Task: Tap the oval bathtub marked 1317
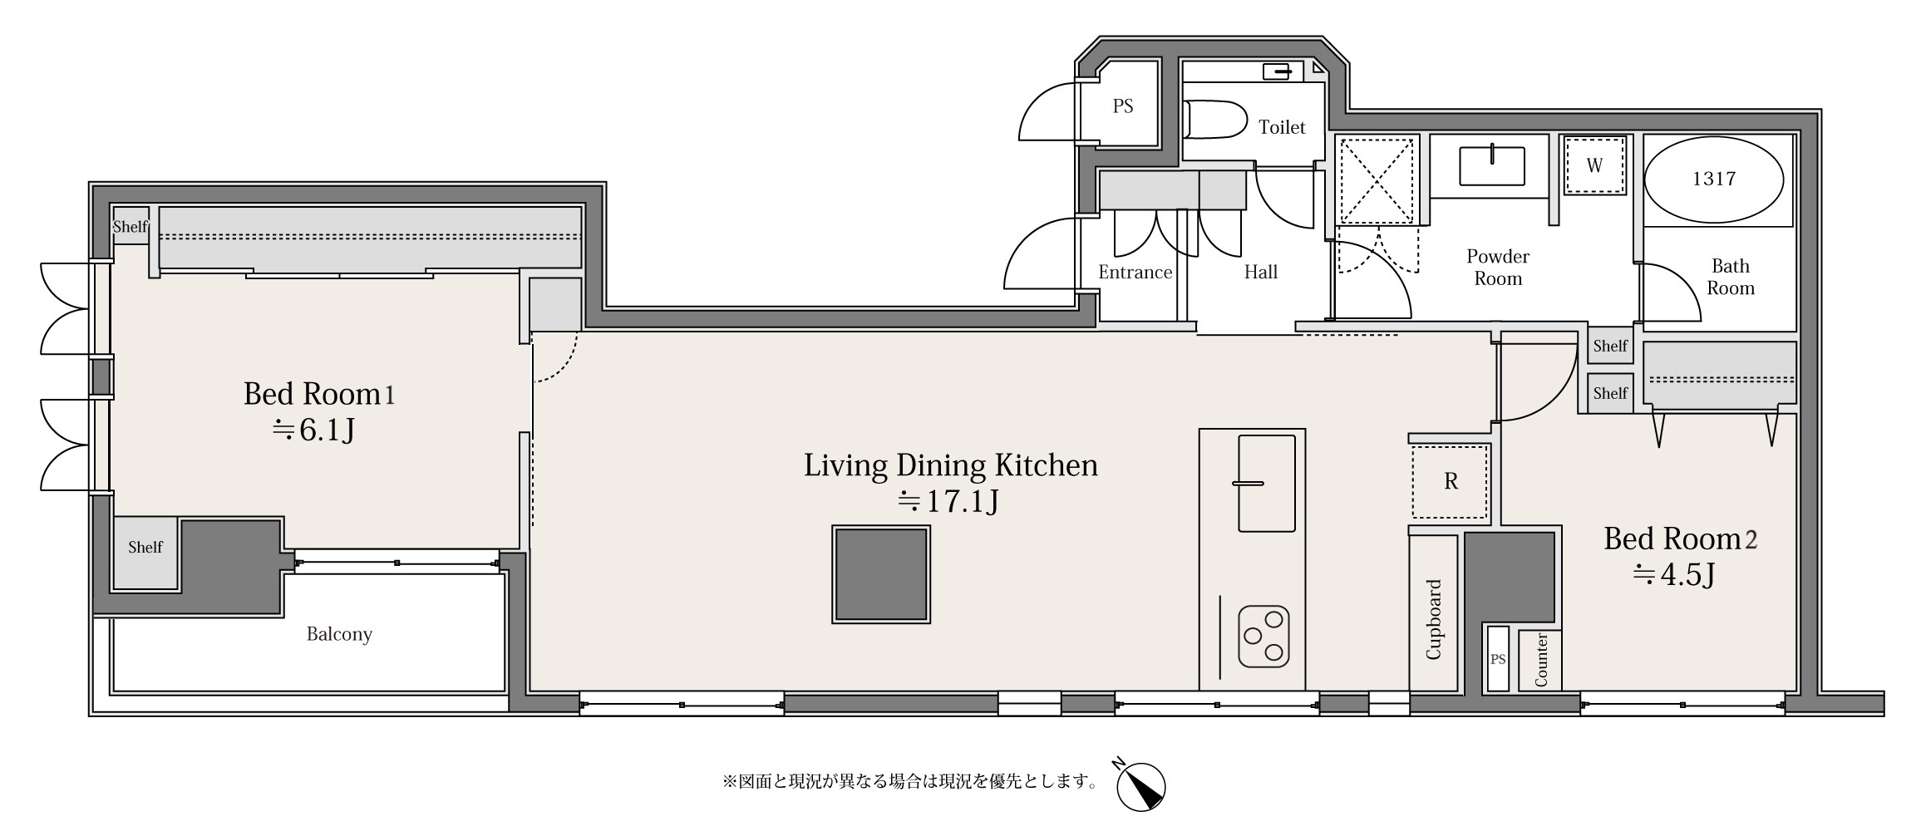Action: click(x=1714, y=179)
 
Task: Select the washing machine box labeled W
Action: click(x=1594, y=165)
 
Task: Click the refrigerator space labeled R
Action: click(x=1451, y=482)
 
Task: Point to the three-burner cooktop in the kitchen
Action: click(x=1263, y=637)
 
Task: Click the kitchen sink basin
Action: click(x=1267, y=483)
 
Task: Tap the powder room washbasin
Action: click(x=1492, y=165)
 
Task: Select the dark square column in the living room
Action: click(x=881, y=574)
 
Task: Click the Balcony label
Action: click(x=339, y=634)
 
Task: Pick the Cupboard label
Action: click(x=1433, y=619)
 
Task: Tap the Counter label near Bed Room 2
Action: click(x=1541, y=660)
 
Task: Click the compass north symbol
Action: click(x=1140, y=784)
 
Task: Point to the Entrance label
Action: click(x=1135, y=272)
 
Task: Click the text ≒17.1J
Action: click(x=948, y=502)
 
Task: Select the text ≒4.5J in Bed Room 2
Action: click(x=1674, y=575)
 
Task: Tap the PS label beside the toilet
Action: click(x=1123, y=106)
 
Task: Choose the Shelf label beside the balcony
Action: click(x=145, y=547)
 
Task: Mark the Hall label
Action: click(x=1261, y=272)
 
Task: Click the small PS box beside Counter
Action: click(x=1498, y=659)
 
